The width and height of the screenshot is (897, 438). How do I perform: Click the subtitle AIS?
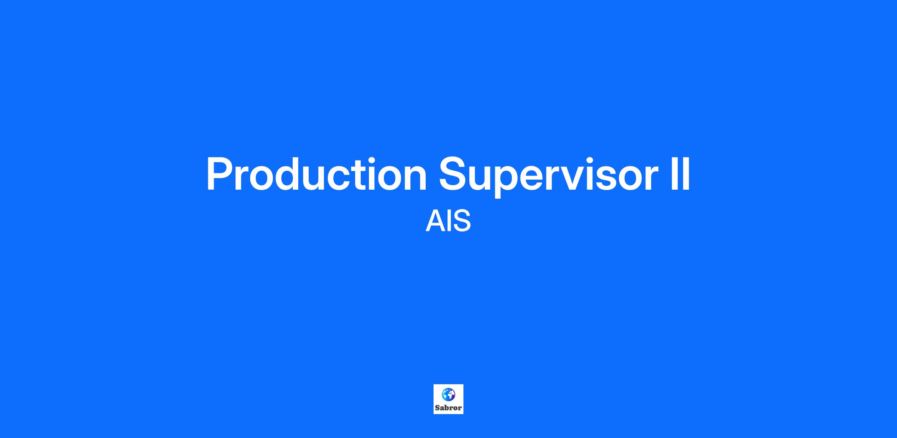(x=448, y=221)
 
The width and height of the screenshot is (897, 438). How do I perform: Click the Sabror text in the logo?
(x=448, y=408)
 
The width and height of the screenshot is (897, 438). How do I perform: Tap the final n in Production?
(x=415, y=178)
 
